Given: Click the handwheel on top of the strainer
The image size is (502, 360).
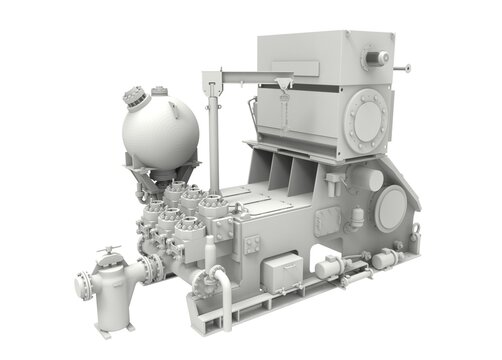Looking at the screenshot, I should click(x=108, y=250).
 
